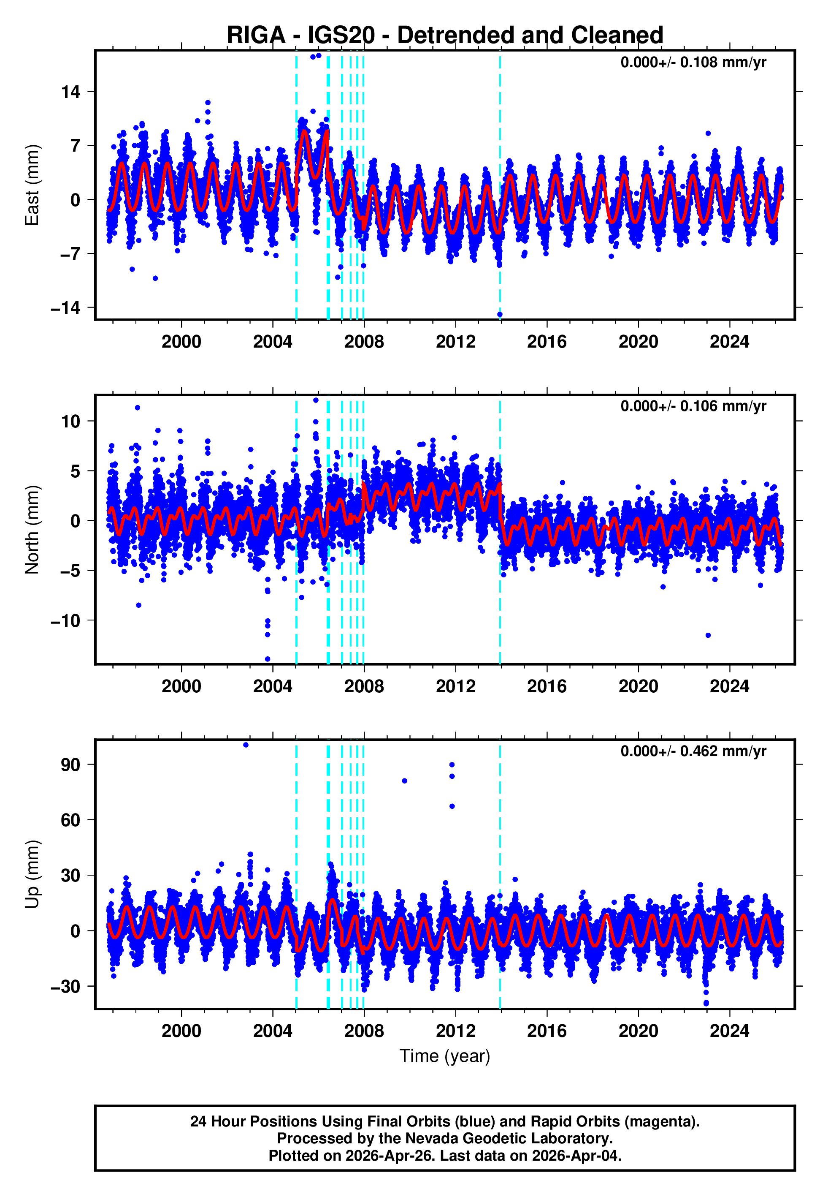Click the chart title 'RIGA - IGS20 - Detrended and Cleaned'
pos(445,35)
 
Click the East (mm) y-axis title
pos(32,185)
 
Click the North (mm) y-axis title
pos(32,530)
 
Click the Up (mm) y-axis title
pos(32,875)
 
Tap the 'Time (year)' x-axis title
pos(445,1056)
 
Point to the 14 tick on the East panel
pos(71,92)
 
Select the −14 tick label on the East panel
pos(66,308)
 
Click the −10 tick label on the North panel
pos(66,621)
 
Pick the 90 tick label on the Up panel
pos(71,765)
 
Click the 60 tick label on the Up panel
pos(71,820)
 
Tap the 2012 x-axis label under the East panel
pos(455,342)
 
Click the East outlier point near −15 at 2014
pos(500,315)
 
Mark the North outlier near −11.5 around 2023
pos(708,635)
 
